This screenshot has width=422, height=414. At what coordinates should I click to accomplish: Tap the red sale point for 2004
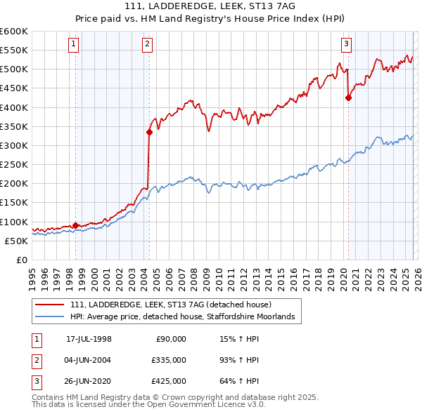[149, 132]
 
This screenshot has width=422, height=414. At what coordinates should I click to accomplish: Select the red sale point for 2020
[348, 98]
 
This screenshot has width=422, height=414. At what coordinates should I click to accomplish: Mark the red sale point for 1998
[76, 225]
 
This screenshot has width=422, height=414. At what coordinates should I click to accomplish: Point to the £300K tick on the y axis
[14, 145]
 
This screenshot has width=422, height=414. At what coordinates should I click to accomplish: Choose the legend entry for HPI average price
[186, 317]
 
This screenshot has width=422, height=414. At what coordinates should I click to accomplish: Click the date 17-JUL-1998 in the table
[89, 339]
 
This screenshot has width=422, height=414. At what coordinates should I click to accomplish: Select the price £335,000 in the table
[169, 360]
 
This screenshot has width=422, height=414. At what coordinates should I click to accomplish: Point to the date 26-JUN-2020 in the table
[89, 381]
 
